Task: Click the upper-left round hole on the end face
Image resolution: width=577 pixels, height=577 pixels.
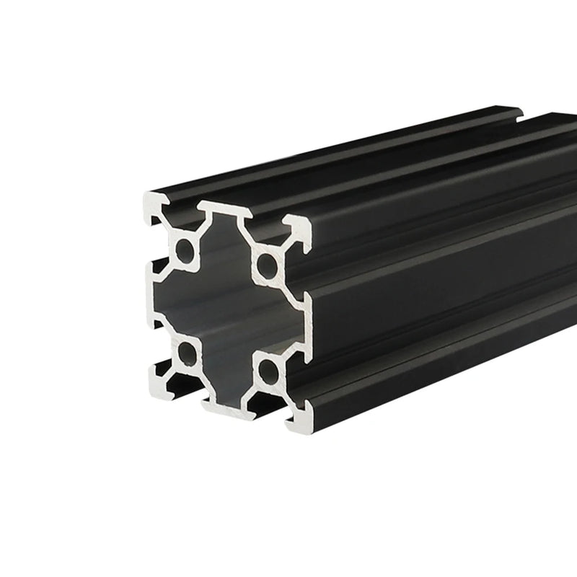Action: click(185, 252)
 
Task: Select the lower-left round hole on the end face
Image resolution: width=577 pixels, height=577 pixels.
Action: click(187, 353)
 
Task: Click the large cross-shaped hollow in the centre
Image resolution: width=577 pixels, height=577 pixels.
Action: click(226, 310)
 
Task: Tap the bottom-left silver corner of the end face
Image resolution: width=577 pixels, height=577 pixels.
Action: click(159, 381)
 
